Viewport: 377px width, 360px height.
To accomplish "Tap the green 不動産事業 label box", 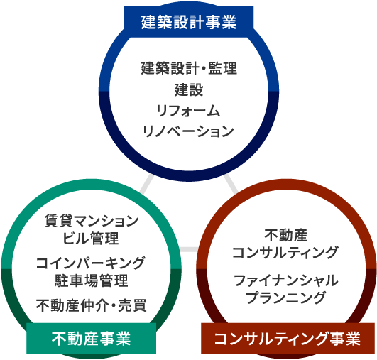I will [92, 338].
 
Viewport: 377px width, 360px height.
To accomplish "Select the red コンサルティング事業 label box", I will [287, 338].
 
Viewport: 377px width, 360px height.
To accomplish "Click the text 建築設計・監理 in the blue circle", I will [189, 70].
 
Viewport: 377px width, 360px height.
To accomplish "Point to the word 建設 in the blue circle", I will [189, 90].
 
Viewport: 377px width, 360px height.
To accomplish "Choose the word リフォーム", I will [189, 111].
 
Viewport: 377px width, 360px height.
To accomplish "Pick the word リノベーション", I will [189, 131].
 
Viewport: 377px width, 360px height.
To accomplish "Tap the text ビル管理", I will [91, 237].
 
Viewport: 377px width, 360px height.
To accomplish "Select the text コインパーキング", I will [91, 262].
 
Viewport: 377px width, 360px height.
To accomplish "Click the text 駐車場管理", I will [91, 280].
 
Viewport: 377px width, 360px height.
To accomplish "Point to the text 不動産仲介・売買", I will [91, 305].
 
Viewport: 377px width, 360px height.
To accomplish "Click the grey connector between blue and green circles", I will [146, 183].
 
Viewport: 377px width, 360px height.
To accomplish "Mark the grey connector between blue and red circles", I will [231, 183].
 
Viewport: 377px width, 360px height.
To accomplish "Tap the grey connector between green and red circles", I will [188, 249].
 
